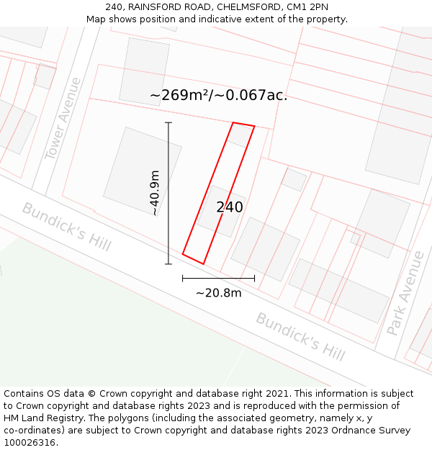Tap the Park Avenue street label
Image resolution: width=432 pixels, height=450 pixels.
(406, 293)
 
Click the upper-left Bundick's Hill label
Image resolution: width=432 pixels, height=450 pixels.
(66, 226)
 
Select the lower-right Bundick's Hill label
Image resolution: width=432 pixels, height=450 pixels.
(300, 336)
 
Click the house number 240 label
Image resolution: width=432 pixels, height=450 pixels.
(230, 207)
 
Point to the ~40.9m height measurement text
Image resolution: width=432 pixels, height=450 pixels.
(154, 193)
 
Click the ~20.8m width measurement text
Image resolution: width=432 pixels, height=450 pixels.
(218, 293)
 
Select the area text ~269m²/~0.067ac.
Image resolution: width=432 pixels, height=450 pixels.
(218, 95)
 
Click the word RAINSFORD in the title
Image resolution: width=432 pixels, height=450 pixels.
(154, 7)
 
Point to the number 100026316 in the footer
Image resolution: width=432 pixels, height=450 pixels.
(30, 443)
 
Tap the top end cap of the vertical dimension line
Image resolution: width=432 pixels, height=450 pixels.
(168, 123)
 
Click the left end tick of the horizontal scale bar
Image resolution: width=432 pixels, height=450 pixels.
(183, 278)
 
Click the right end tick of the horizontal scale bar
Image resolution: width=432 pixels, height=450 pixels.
(254, 278)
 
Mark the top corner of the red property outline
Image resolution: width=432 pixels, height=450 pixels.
(233, 123)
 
